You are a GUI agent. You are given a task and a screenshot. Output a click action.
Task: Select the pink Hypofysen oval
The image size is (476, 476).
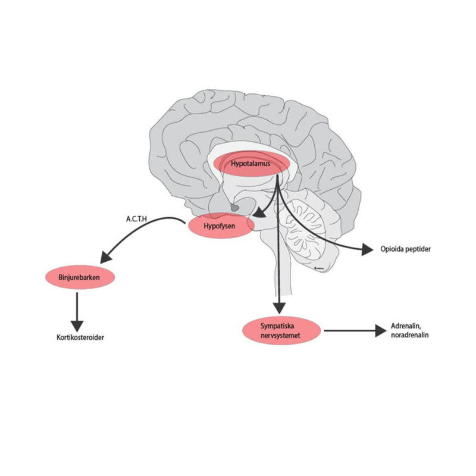click(x=221, y=226)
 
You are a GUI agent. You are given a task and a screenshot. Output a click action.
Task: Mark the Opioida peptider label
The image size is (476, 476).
click(x=404, y=249)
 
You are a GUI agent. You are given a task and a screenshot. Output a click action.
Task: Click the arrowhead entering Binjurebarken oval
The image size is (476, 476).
click(x=107, y=257)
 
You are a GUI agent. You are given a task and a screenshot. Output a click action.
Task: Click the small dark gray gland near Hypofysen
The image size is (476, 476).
click(x=236, y=208)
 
